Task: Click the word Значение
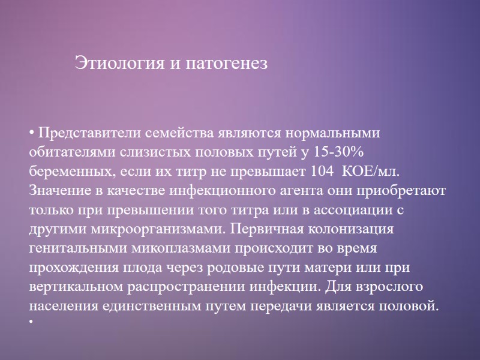point(58,190)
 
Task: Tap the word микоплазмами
point(166,248)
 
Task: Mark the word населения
point(60,305)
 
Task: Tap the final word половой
point(412,305)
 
